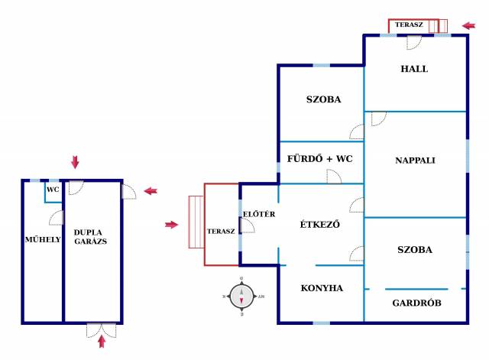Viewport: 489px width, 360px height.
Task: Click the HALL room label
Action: tap(414, 69)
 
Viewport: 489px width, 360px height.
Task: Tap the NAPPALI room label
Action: tap(415, 161)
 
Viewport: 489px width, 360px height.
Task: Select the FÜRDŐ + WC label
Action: tap(319, 159)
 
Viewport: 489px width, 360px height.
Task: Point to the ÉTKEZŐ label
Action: tap(319, 225)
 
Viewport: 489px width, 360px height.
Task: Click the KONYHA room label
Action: tap(321, 288)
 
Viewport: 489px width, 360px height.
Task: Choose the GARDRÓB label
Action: tap(416, 303)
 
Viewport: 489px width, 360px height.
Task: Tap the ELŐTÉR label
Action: tap(253, 213)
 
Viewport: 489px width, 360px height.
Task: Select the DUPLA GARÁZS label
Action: tap(89, 236)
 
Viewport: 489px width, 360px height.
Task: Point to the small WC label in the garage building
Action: tap(53, 189)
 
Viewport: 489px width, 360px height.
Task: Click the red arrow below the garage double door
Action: tap(101, 342)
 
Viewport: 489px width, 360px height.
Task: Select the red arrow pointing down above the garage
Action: tap(75, 161)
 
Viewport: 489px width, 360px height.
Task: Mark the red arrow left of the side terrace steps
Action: tap(171, 224)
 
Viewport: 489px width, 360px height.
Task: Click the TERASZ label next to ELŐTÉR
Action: tap(222, 231)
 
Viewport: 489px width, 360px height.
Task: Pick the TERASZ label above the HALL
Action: tap(409, 25)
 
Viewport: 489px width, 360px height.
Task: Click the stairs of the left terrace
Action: tap(196, 222)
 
